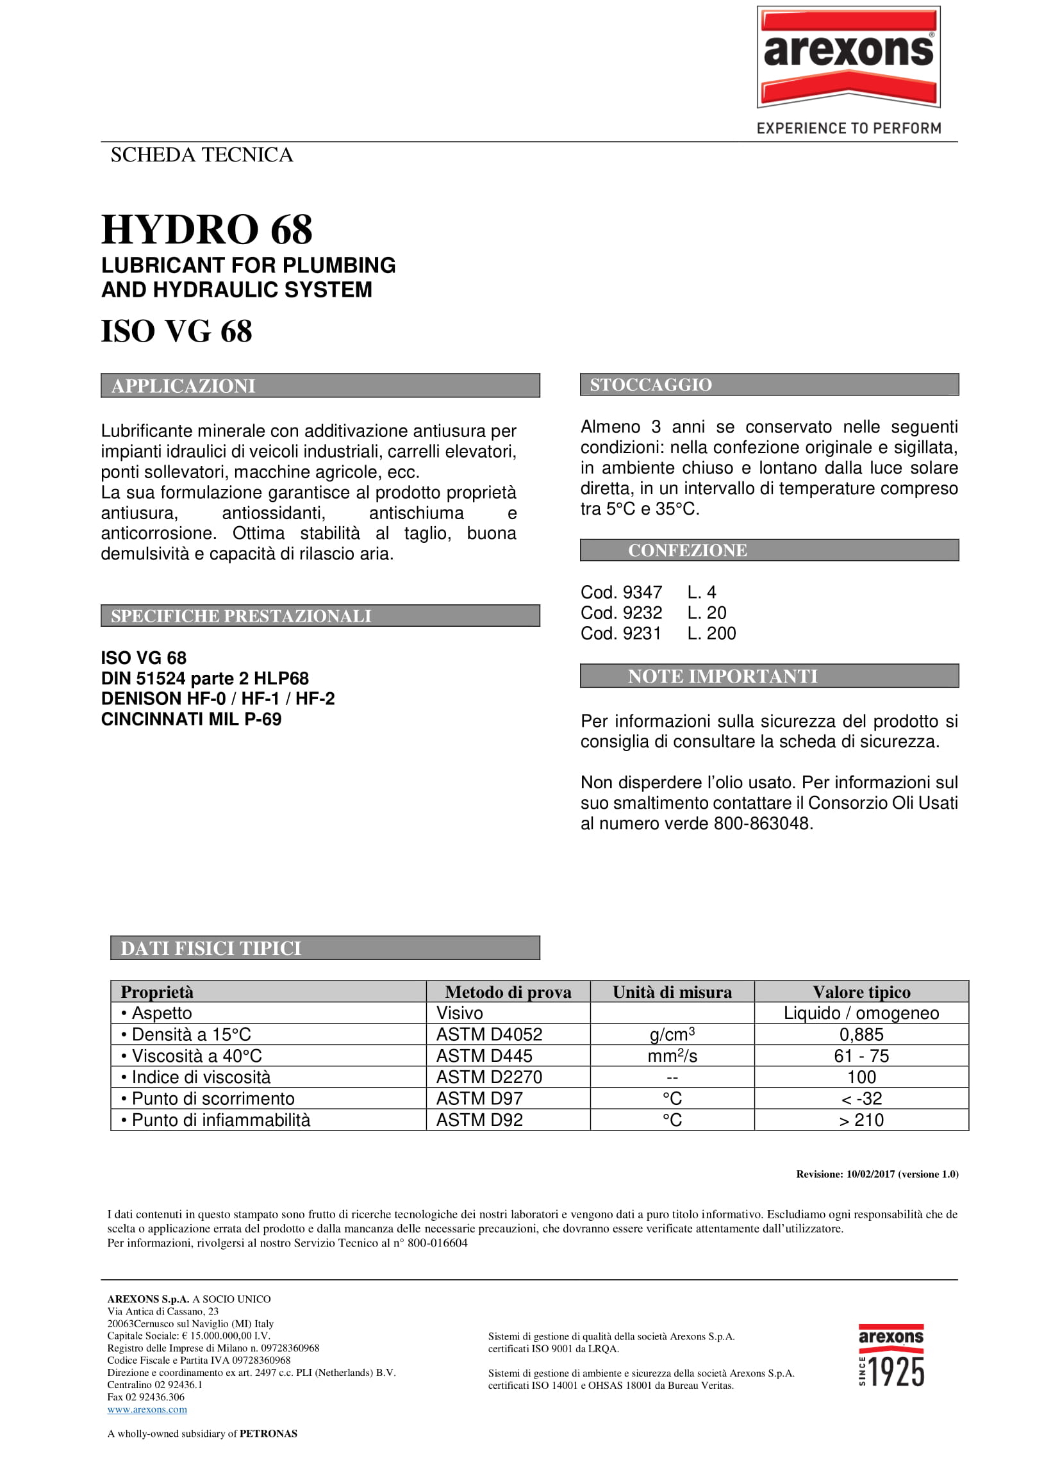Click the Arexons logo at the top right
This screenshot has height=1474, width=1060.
pyautogui.click(x=848, y=57)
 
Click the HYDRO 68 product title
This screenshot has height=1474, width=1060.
pyautogui.click(x=206, y=229)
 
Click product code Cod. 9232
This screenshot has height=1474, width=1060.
pyautogui.click(x=620, y=613)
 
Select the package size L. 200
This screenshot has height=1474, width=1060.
pyautogui.click(x=711, y=634)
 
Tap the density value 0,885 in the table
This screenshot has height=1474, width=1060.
pyautogui.click(x=861, y=1034)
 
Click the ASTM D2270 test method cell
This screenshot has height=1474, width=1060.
pyautogui.click(x=489, y=1077)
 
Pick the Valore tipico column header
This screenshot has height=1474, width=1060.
pyautogui.click(x=861, y=993)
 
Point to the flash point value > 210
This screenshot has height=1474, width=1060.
pyautogui.click(x=861, y=1120)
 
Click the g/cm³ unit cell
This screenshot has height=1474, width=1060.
pyautogui.click(x=672, y=1034)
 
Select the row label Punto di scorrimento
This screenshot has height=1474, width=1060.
pyautogui.click(x=213, y=1099)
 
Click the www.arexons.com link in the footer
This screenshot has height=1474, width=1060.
pyautogui.click(x=147, y=1410)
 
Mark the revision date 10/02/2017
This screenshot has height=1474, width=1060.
pyautogui.click(x=870, y=1174)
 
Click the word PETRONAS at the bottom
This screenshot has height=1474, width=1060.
pyautogui.click(x=268, y=1434)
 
